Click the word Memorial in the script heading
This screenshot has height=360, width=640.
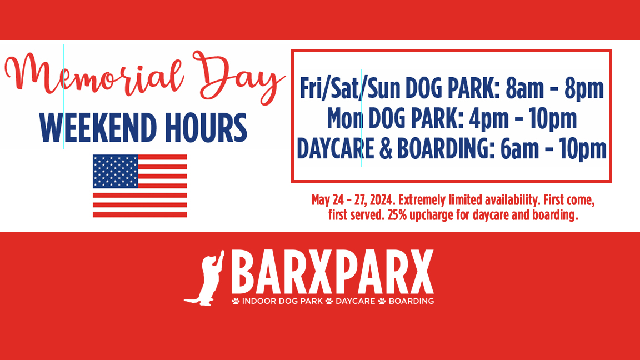pyautogui.click(x=94, y=73)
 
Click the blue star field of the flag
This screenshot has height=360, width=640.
pyautogui.click(x=116, y=172)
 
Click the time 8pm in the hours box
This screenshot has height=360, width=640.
pyautogui.click(x=584, y=88)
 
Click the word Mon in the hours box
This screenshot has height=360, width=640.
pyautogui.click(x=345, y=119)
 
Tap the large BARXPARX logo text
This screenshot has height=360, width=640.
pyautogui.click(x=333, y=272)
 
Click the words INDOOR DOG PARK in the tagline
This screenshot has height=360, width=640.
pyautogui.click(x=282, y=301)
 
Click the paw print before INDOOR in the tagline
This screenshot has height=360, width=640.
pyautogui.click(x=236, y=301)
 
